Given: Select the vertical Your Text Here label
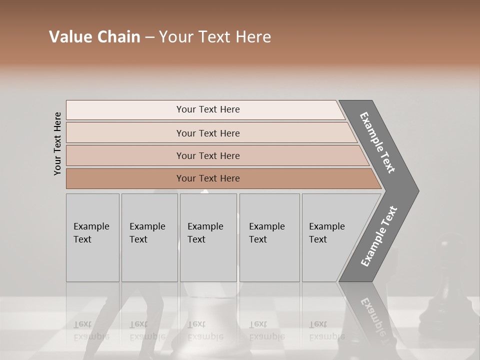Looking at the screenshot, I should point(57,143).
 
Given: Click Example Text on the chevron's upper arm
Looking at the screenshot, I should point(377,142).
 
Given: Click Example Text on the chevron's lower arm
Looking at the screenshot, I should point(378,236).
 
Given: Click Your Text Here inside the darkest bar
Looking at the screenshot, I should point(208,178).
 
